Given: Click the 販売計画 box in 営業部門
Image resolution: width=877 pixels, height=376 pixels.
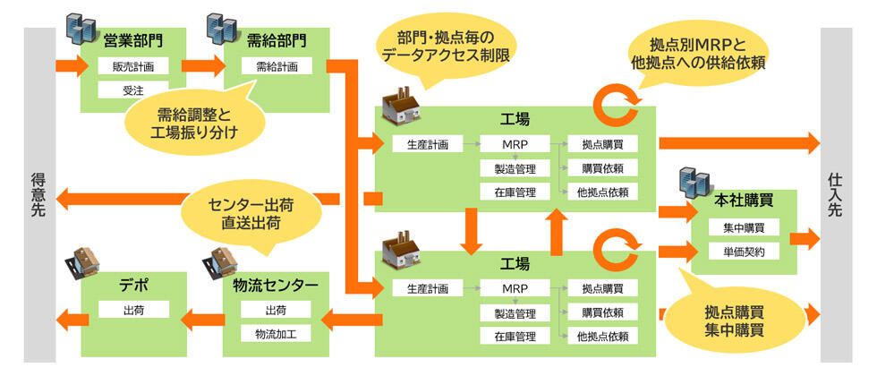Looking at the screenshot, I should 133,65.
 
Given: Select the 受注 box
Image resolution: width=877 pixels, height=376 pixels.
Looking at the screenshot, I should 133,90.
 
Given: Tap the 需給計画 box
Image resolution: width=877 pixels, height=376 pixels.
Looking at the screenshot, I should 277,65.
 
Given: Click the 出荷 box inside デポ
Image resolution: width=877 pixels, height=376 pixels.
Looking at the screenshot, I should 134,309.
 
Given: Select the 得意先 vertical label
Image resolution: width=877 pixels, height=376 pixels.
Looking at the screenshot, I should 38,195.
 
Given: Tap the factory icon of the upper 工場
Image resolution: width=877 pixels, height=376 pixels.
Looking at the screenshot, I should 400,107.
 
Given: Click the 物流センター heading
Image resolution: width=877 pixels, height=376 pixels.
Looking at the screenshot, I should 277,286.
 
